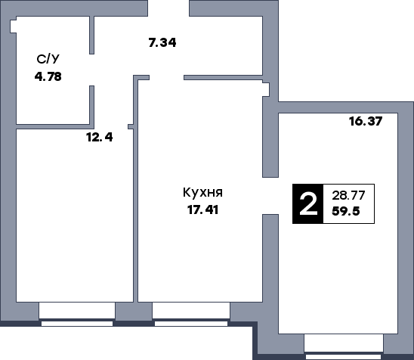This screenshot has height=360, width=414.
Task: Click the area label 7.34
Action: pyautogui.click(x=162, y=43)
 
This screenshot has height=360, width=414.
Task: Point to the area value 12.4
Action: pyautogui.click(x=99, y=137)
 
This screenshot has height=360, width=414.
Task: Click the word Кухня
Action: pyautogui.click(x=202, y=193)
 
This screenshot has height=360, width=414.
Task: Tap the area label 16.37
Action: pyautogui.click(x=363, y=121)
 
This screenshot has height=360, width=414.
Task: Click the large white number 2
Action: pyautogui.click(x=307, y=204)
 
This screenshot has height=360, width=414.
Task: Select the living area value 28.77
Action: pyautogui.click(x=348, y=195)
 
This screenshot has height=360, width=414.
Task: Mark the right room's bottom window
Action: pyautogui.click(x=343, y=344)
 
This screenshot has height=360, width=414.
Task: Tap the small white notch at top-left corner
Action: pyautogui.click(x=14, y=26)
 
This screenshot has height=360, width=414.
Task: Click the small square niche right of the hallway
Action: pyautogui.click(x=265, y=90)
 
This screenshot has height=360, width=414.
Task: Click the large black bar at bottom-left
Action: pyautogui.click(x=125, y=343)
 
